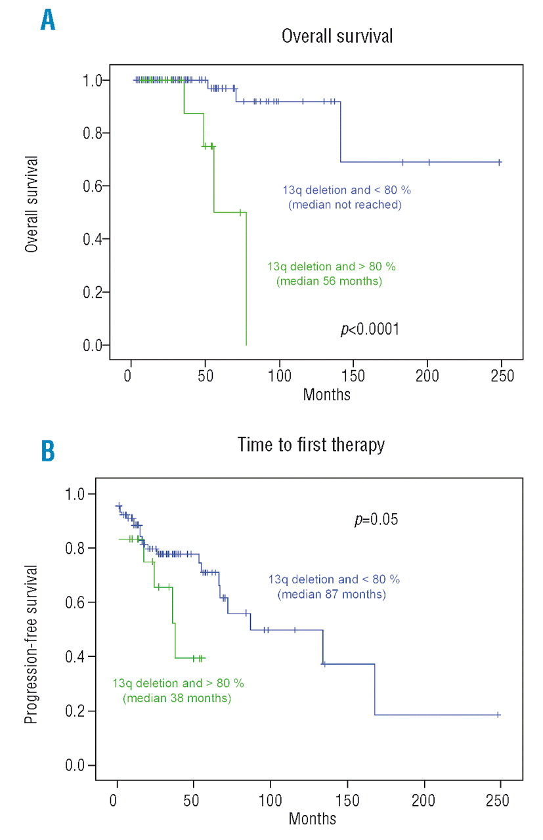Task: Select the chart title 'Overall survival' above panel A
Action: [x=337, y=35]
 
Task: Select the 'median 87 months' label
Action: [x=332, y=595]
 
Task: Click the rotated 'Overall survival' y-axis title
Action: [x=30, y=204]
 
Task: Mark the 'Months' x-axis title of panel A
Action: [x=326, y=394]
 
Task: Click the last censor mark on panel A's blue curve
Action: [x=500, y=161]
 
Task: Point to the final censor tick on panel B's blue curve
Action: [x=498, y=715]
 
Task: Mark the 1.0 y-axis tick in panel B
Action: [x=79, y=494]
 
